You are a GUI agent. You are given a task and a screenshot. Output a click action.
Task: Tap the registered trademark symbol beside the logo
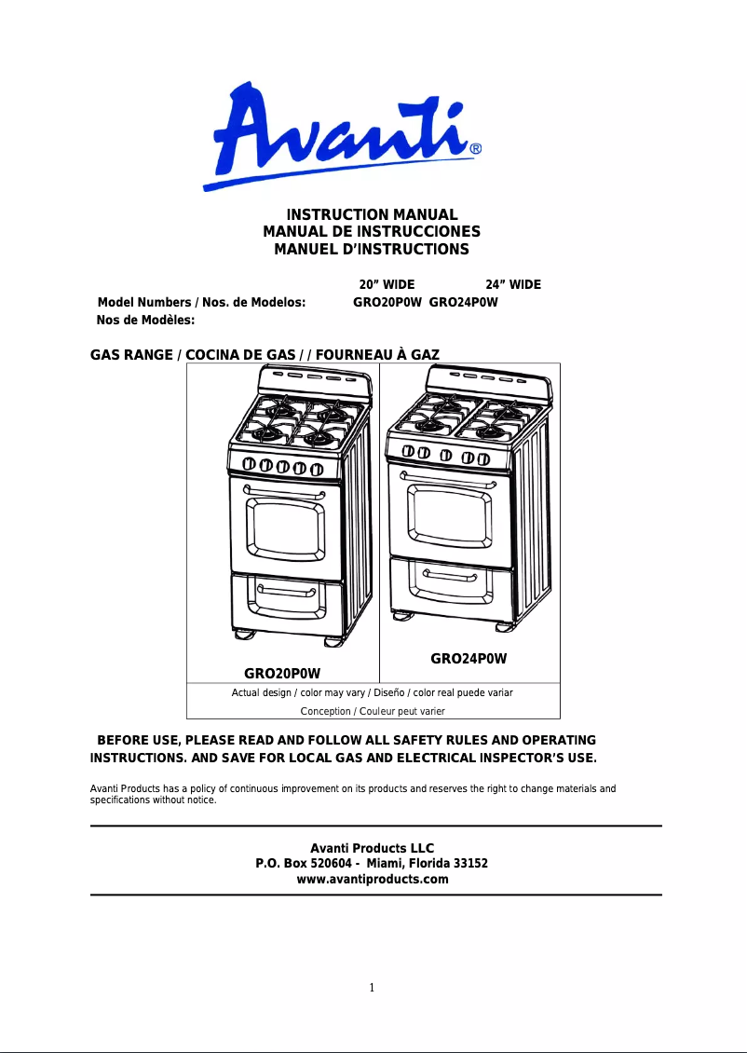[475, 148]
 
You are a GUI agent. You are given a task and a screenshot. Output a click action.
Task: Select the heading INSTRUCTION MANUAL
[372, 215]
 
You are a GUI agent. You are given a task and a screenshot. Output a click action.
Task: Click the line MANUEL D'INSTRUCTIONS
[372, 250]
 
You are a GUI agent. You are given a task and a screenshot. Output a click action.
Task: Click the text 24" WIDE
[513, 284]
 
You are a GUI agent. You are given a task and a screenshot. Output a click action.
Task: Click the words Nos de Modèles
[145, 320]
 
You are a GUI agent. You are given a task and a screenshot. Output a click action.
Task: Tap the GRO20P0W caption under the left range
[282, 673]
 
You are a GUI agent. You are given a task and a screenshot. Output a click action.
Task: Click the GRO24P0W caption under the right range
[469, 659]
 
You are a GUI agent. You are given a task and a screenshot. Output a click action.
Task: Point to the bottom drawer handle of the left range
[287, 592]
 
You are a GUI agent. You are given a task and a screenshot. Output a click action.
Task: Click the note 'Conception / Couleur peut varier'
[373, 711]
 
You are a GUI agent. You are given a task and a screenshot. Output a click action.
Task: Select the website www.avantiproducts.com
[372, 880]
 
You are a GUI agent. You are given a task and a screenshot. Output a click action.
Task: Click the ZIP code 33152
[470, 864]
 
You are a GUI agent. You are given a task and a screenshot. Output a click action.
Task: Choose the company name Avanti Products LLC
[372, 848]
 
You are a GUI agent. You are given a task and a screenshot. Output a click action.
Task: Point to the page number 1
[372, 989]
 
